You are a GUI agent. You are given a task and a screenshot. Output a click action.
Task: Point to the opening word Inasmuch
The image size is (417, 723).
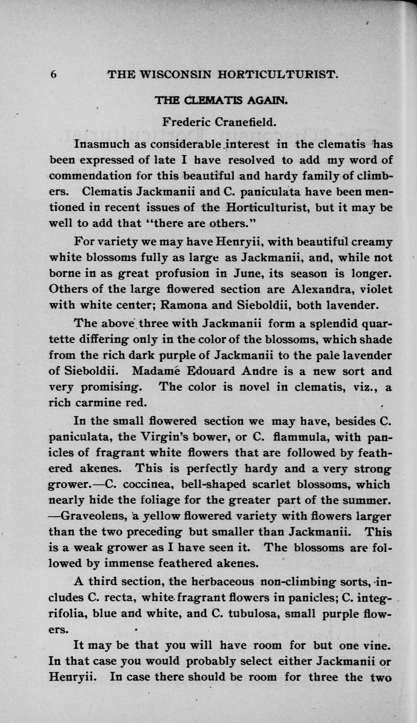[x=102, y=144]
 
